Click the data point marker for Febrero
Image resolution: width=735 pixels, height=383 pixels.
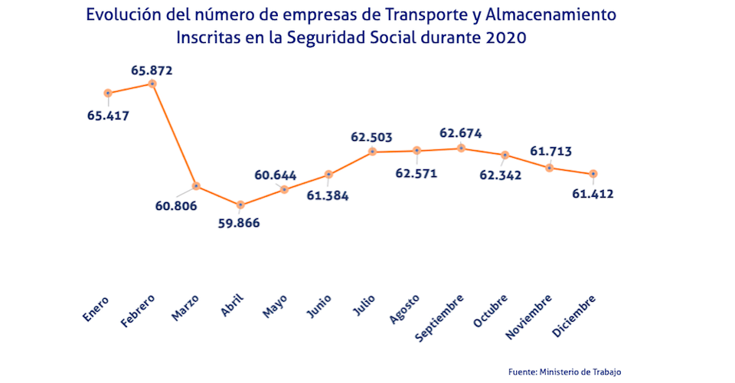(x=152, y=83)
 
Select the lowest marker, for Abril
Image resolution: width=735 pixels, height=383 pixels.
(x=240, y=205)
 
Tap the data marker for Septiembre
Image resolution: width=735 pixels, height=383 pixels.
(x=461, y=148)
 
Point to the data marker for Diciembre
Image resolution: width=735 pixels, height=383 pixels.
(x=593, y=174)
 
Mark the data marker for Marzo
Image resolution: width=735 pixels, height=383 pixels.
(x=197, y=186)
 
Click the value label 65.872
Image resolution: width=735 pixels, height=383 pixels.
(x=152, y=70)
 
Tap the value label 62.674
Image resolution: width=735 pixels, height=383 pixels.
(x=460, y=133)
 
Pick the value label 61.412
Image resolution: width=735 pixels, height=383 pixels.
(x=593, y=194)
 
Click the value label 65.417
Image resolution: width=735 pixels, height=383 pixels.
(x=108, y=116)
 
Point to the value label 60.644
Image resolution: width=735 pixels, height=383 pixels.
(x=276, y=175)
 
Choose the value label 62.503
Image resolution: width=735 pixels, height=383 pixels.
(x=371, y=137)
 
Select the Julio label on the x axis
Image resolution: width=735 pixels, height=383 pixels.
(x=364, y=307)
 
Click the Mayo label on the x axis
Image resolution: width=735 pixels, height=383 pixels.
(x=275, y=308)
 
